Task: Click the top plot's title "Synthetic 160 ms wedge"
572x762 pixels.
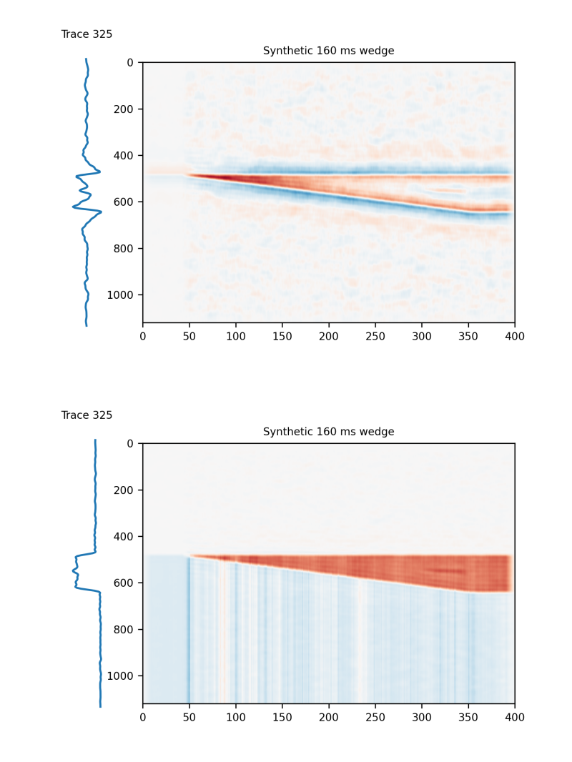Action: click(x=328, y=51)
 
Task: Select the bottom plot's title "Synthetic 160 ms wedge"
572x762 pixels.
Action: click(x=328, y=432)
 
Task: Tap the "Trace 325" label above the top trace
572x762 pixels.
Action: click(x=87, y=34)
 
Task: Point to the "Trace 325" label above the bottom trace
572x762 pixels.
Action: click(x=87, y=415)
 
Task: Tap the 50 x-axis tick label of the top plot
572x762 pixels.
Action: click(x=189, y=335)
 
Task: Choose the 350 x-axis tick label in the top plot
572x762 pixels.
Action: click(x=468, y=335)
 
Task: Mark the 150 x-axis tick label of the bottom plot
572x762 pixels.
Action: click(x=282, y=716)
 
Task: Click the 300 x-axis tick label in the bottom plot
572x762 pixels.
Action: click(x=422, y=716)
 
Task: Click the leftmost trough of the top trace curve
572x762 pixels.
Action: click(x=73, y=207)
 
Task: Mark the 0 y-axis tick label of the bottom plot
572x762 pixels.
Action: click(x=130, y=444)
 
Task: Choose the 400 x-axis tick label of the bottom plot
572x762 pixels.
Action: click(x=515, y=716)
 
